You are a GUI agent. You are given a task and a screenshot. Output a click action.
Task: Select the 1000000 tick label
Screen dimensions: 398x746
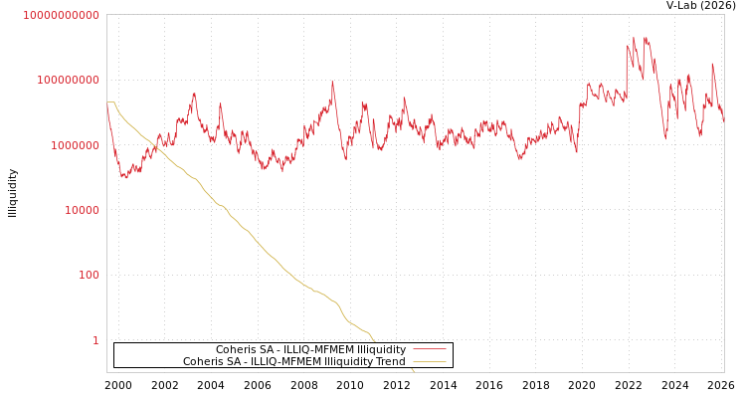tap(69, 145)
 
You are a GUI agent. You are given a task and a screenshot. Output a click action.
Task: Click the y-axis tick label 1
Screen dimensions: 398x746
tap(95, 340)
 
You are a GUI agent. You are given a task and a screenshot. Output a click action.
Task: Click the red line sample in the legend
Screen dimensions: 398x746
tap(429, 350)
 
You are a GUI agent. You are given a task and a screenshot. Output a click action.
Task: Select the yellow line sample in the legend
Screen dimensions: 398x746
tap(429, 362)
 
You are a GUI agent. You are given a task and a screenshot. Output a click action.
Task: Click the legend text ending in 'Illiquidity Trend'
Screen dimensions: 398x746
tap(293, 362)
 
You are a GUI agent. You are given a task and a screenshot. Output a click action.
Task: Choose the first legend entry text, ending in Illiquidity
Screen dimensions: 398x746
tap(310, 350)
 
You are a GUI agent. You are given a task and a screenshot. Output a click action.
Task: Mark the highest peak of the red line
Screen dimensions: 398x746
tap(646, 38)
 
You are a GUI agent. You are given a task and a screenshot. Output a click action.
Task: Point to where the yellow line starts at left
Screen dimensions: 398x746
tap(108, 101)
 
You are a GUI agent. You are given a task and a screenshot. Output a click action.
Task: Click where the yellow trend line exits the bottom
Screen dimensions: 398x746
tap(415, 371)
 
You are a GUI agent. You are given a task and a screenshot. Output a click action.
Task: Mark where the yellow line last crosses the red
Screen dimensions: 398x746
tap(156, 149)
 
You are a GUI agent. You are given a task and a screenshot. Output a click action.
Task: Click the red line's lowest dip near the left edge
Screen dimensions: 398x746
tap(122, 178)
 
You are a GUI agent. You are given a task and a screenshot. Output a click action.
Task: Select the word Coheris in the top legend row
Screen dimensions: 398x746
tap(235, 350)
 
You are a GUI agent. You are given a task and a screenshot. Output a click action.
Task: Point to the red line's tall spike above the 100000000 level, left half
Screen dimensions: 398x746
tap(332, 81)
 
